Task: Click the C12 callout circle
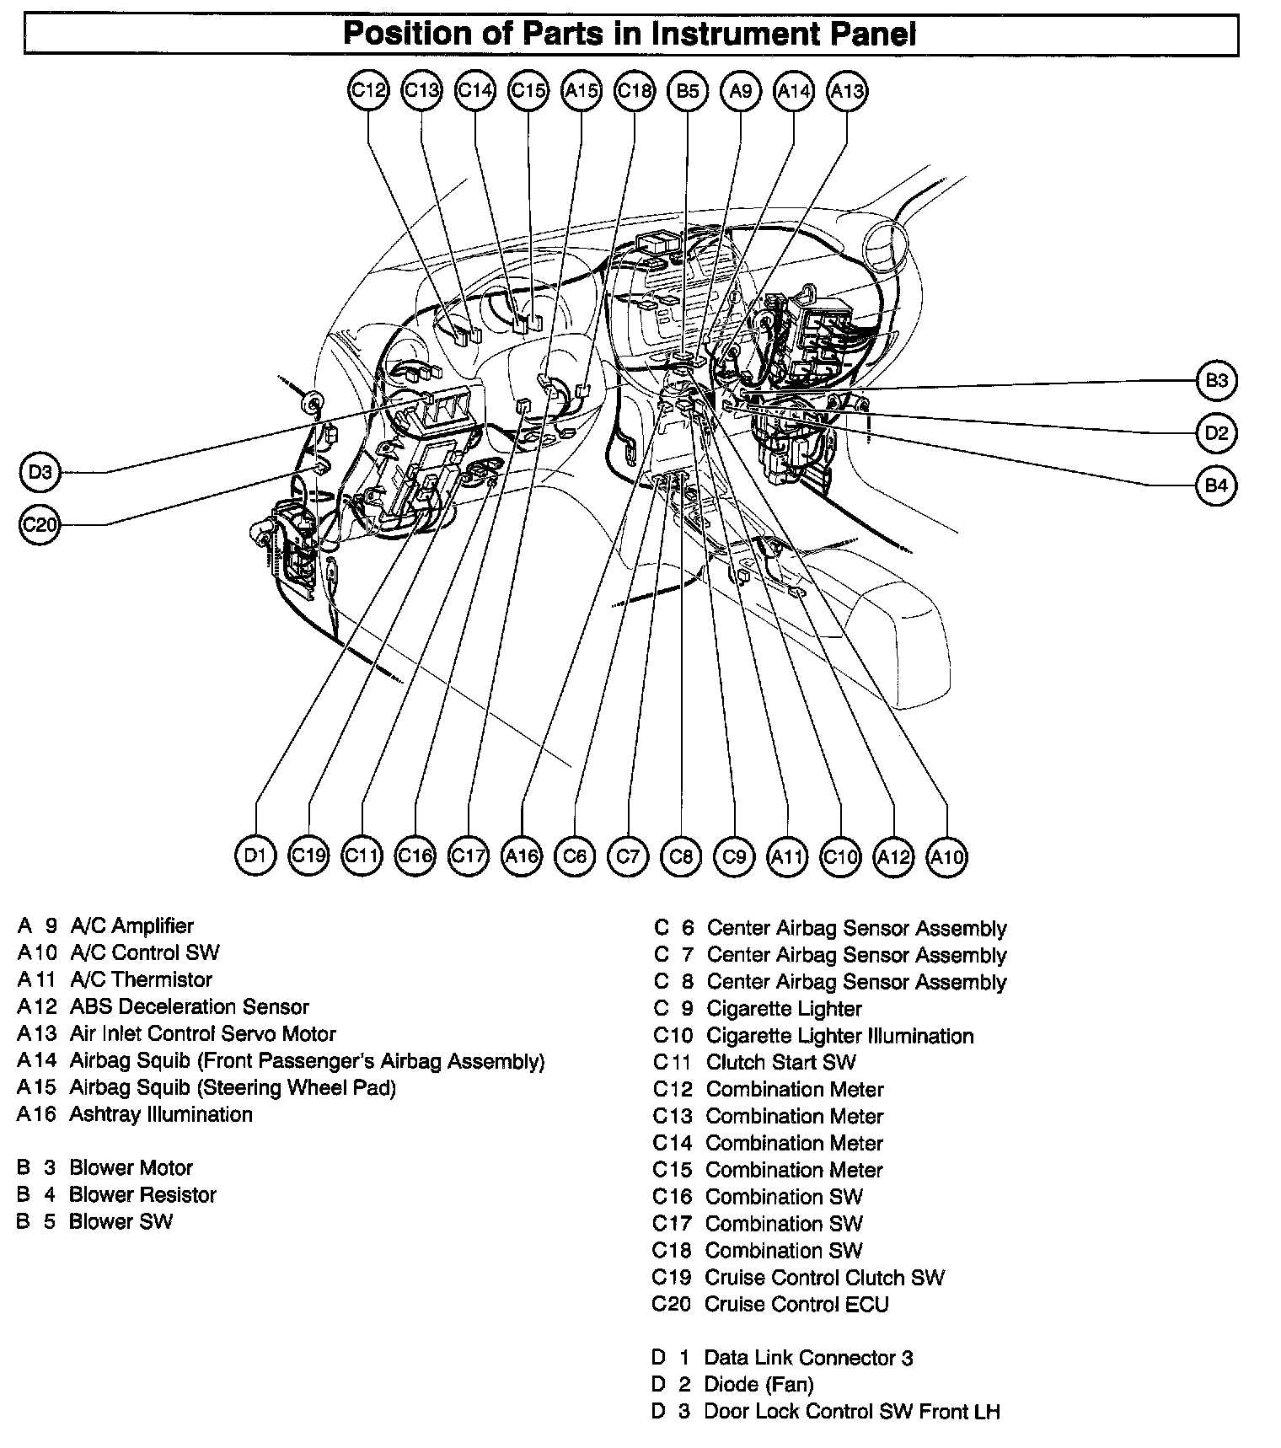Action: pos(368,90)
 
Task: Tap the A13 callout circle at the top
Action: pos(847,90)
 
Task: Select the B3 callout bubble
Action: pos(1216,381)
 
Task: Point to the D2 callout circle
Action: pos(1216,433)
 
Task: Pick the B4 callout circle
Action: pos(1216,485)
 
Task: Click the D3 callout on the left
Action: pos(40,473)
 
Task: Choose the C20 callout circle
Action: pos(40,526)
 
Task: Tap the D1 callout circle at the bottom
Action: pos(255,856)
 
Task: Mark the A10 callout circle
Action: pos(946,856)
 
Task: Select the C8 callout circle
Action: pos(681,856)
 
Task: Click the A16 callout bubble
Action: pos(522,856)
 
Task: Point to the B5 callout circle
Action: pos(688,90)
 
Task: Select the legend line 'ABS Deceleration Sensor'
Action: pos(189,1006)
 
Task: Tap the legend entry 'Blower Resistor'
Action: pos(142,1194)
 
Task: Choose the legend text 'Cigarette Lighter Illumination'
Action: pos(839,1035)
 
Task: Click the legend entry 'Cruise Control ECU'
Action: pos(796,1304)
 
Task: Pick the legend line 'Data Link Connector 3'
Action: pos(808,1358)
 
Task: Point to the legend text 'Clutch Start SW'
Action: pos(780,1062)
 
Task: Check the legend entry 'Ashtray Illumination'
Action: pos(160,1114)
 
